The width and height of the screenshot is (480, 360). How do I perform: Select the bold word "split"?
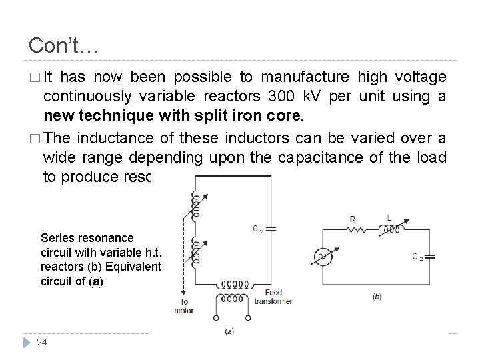(x=225, y=116)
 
